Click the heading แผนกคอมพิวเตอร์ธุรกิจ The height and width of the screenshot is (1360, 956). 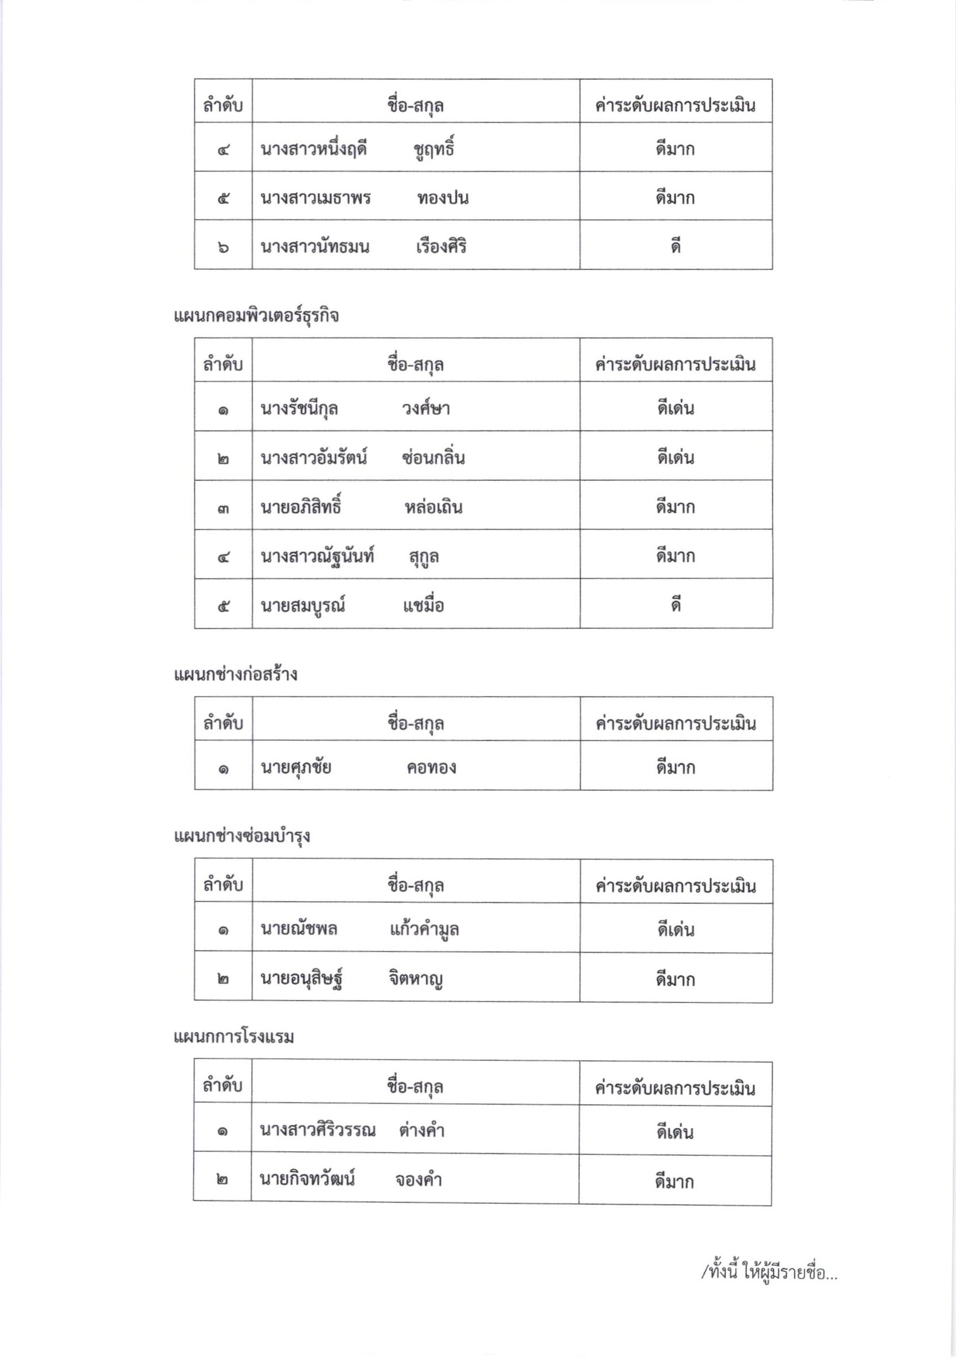256,316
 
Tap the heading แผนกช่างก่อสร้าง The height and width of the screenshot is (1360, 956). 235,675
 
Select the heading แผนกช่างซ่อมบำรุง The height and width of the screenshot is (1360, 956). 242,836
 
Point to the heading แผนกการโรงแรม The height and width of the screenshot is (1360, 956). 233,1037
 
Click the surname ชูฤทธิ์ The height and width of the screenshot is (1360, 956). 434,148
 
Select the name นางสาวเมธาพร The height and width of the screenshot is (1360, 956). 315,198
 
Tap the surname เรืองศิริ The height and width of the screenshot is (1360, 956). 441,246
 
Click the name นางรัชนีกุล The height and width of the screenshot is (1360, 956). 299,409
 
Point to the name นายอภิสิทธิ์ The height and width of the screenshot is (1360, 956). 301,507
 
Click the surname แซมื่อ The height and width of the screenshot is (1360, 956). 423,605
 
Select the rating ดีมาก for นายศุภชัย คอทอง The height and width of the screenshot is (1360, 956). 675,767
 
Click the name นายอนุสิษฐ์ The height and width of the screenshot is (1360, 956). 302,979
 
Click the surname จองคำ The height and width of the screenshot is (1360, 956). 419,1180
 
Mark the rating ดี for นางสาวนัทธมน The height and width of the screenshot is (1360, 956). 676,246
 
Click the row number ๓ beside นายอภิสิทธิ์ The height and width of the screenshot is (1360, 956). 223,508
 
